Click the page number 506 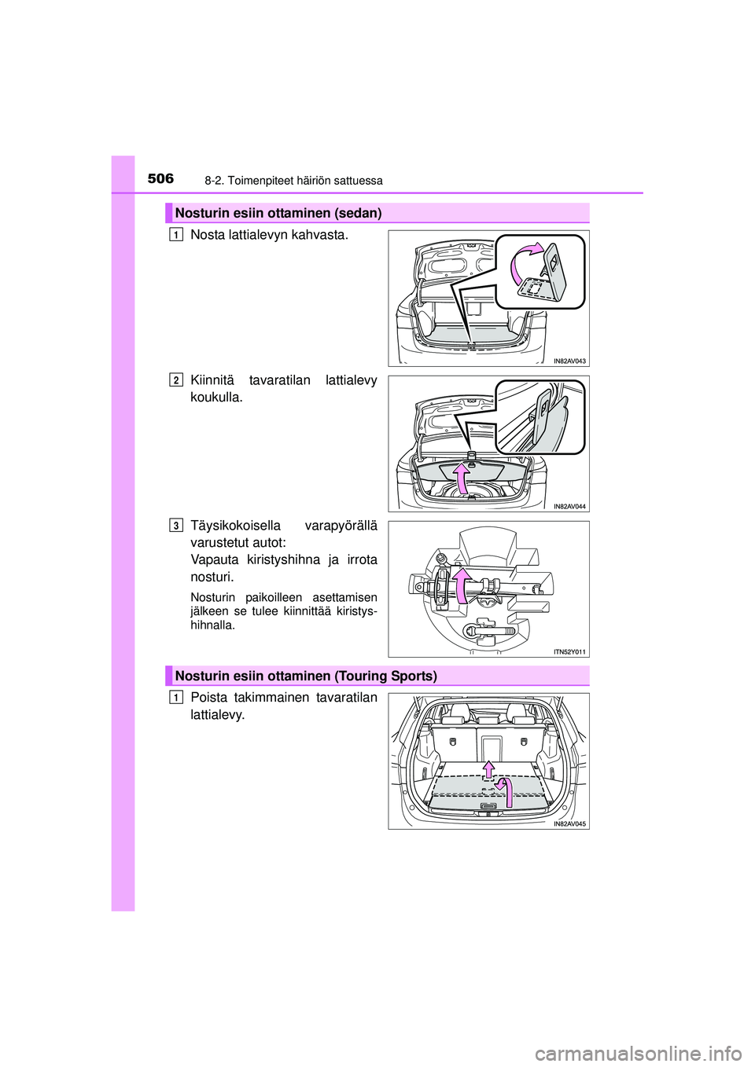pyautogui.click(x=160, y=179)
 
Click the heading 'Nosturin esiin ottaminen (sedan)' pyautogui.click(x=278, y=214)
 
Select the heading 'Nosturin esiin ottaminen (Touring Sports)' pyautogui.click(x=306, y=676)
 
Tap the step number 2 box pyautogui.click(x=176, y=379)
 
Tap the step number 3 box pyautogui.click(x=176, y=525)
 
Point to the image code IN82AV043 pyautogui.click(x=569, y=361)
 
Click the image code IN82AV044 pyautogui.click(x=569, y=506)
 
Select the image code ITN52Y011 pyautogui.click(x=570, y=651)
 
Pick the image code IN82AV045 pyautogui.click(x=569, y=823)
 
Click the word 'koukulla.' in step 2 pyautogui.click(x=216, y=398)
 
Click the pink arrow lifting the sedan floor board pyautogui.click(x=460, y=479)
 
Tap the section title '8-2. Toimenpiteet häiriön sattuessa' pyautogui.click(x=293, y=181)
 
